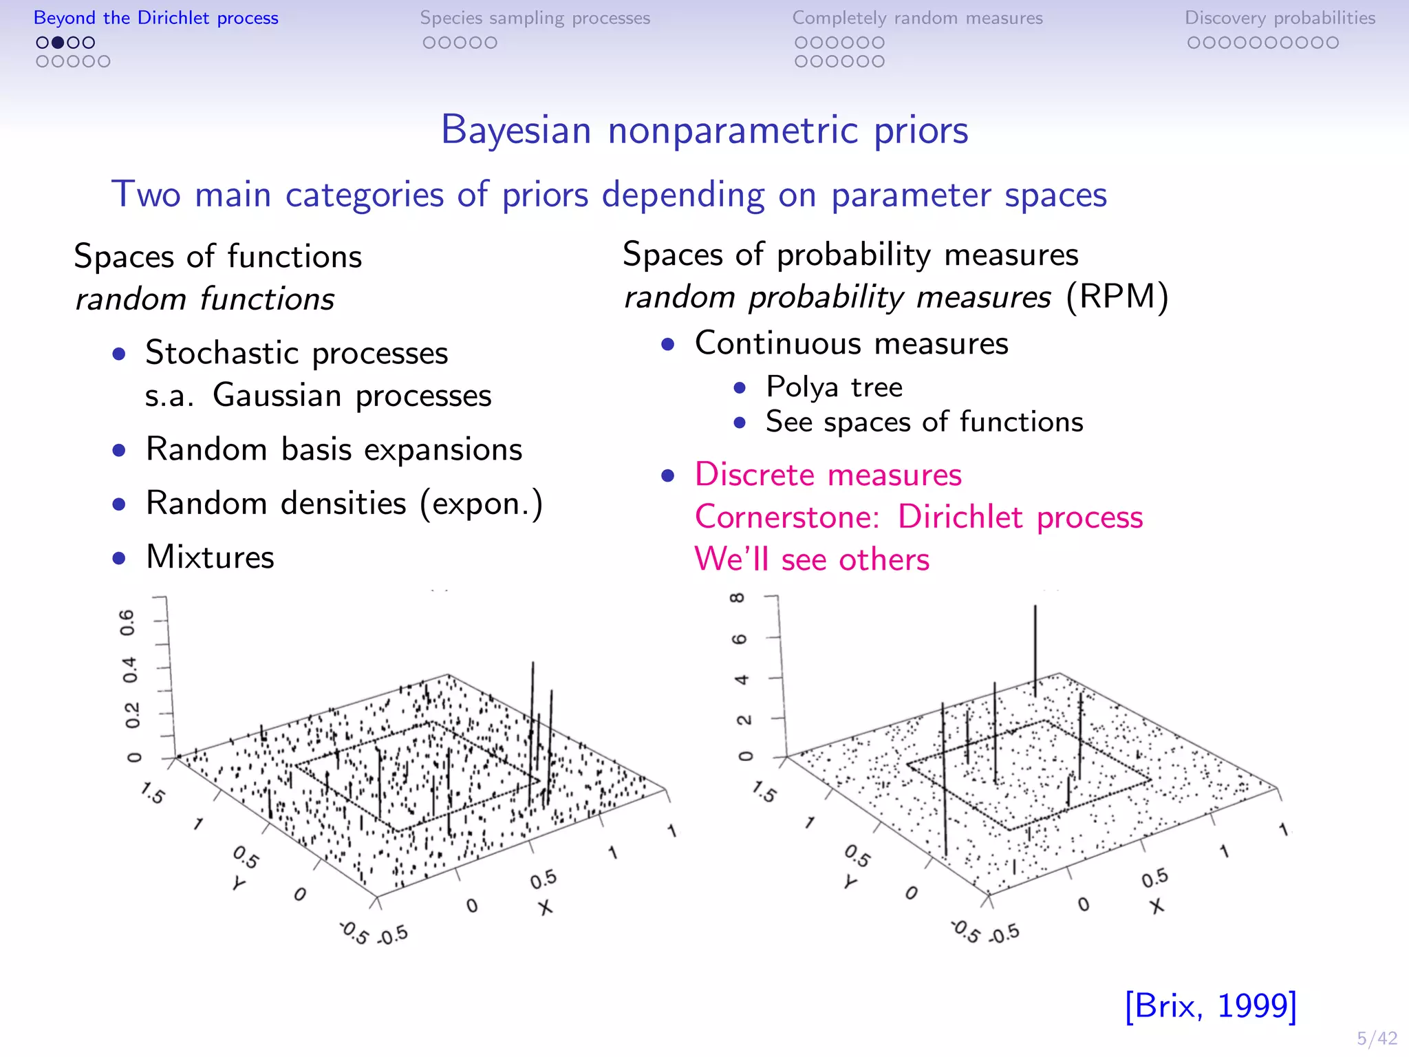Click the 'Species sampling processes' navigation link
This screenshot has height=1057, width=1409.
tap(535, 18)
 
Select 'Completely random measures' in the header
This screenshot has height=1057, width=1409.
tap(917, 18)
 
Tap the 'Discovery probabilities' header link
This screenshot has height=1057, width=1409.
tap(1280, 18)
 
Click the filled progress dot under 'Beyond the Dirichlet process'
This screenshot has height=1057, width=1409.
tap(58, 43)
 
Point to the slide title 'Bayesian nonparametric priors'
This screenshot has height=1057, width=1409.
tap(704, 129)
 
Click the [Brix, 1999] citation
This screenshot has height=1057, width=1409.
tap(1211, 1006)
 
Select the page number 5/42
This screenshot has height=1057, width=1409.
tap(1377, 1038)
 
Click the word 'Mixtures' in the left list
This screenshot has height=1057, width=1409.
tap(210, 557)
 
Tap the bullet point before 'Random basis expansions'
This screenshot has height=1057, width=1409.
tap(120, 451)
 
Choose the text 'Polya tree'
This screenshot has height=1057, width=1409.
tap(834, 387)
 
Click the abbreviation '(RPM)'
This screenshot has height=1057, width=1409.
tap(1117, 297)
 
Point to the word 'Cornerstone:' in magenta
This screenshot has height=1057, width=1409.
tap(787, 517)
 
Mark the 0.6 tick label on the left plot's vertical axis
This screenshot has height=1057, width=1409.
tap(129, 622)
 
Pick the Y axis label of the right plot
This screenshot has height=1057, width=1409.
tap(851, 882)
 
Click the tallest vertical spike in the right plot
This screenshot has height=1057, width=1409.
tap(1035, 647)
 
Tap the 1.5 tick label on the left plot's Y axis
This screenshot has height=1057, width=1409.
tap(152, 793)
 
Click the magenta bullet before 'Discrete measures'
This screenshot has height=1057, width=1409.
tap(667, 476)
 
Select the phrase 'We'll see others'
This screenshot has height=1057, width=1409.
tap(812, 559)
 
